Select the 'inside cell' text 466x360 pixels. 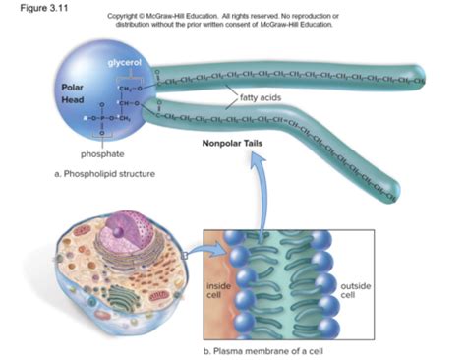[x=216, y=289]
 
